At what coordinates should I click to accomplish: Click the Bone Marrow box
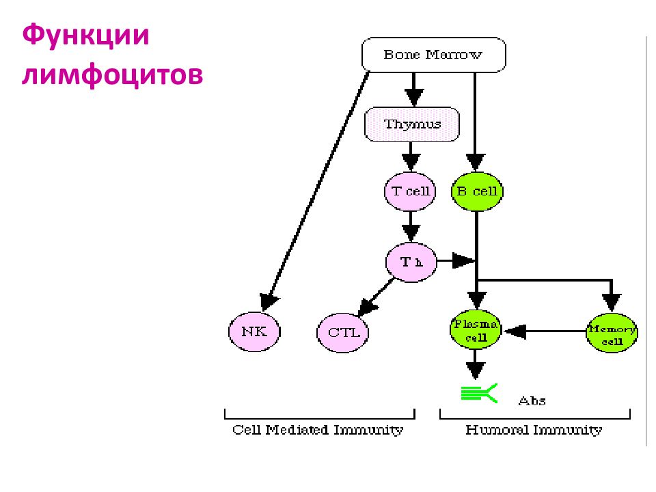click(x=433, y=55)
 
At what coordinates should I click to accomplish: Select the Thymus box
click(x=412, y=124)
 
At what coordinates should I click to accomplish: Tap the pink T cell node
click(x=410, y=191)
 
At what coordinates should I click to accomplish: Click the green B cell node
click(x=477, y=191)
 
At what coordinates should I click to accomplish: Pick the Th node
click(x=411, y=262)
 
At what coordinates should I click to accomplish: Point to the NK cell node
click(x=254, y=332)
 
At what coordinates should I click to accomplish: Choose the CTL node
click(x=342, y=333)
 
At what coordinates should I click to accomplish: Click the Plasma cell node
click(x=476, y=330)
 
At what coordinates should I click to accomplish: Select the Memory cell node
click(x=612, y=333)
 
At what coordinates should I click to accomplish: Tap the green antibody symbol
click(x=480, y=394)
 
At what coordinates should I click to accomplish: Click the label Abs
click(x=532, y=401)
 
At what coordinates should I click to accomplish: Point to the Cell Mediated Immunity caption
click(x=318, y=430)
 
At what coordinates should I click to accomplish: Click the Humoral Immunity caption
click(x=534, y=430)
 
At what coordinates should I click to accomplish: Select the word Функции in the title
click(x=86, y=36)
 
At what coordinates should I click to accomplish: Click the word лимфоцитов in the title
click(x=113, y=75)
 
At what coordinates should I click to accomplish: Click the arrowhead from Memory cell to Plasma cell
click(x=515, y=331)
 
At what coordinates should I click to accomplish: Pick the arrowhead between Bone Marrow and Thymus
click(x=414, y=98)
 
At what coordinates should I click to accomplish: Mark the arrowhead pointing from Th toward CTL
click(x=367, y=307)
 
